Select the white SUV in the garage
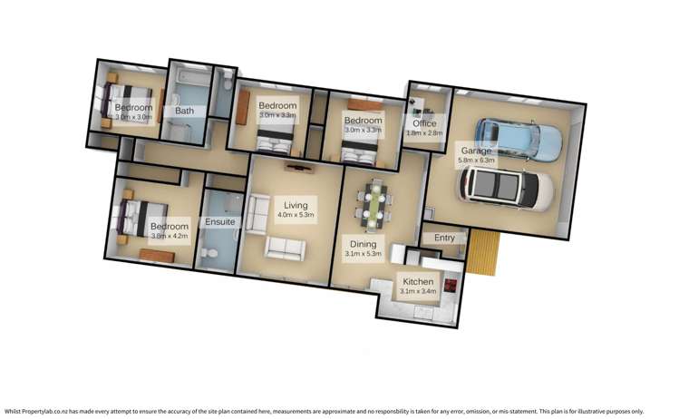point(506,187)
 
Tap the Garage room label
point(476,151)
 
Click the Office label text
point(423,123)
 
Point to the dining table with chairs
point(373,205)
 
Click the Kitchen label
point(418,282)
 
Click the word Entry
point(444,238)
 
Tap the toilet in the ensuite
point(211,258)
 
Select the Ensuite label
point(219,221)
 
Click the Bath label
point(184,111)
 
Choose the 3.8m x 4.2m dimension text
point(170,236)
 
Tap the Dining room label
point(364,244)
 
